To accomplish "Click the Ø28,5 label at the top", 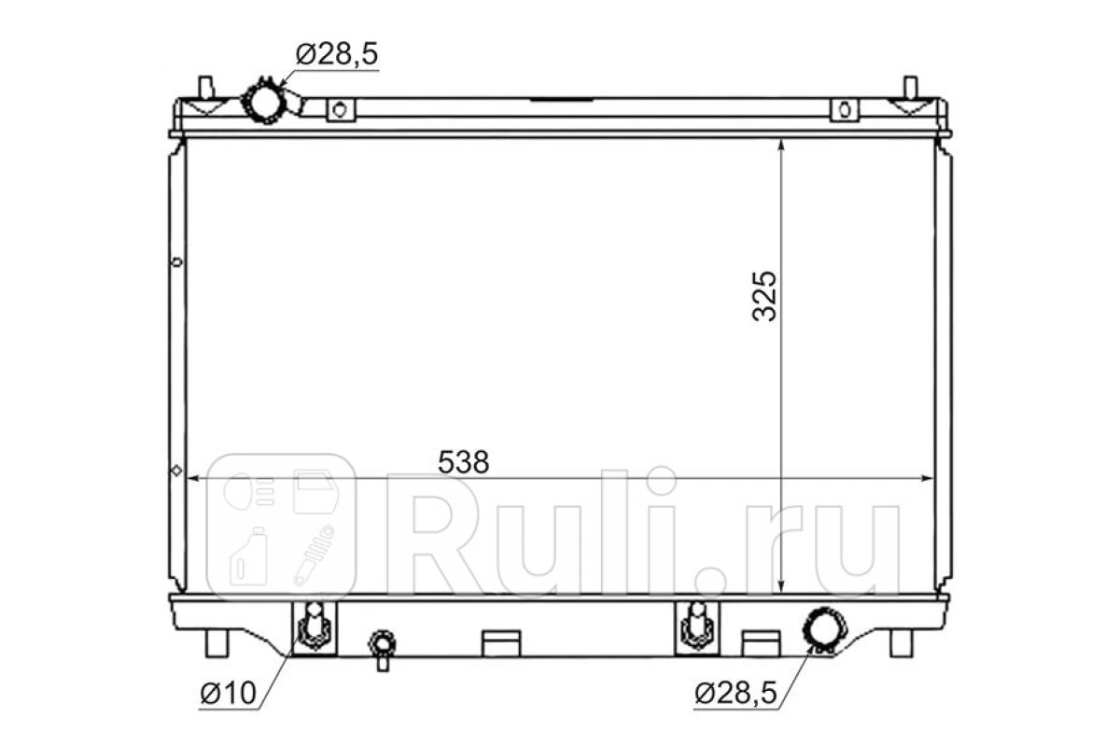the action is coord(337,54).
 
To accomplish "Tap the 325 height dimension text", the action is coord(764,296).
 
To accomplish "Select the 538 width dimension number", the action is coord(463,462).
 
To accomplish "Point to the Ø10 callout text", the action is coord(228,694).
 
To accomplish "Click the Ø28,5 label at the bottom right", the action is coord(736,694).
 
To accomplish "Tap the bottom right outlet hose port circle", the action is coord(824,631).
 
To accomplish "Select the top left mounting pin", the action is coord(205,87).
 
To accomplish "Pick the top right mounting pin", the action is coord(911,87).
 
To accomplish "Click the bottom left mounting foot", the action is coord(217,643).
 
